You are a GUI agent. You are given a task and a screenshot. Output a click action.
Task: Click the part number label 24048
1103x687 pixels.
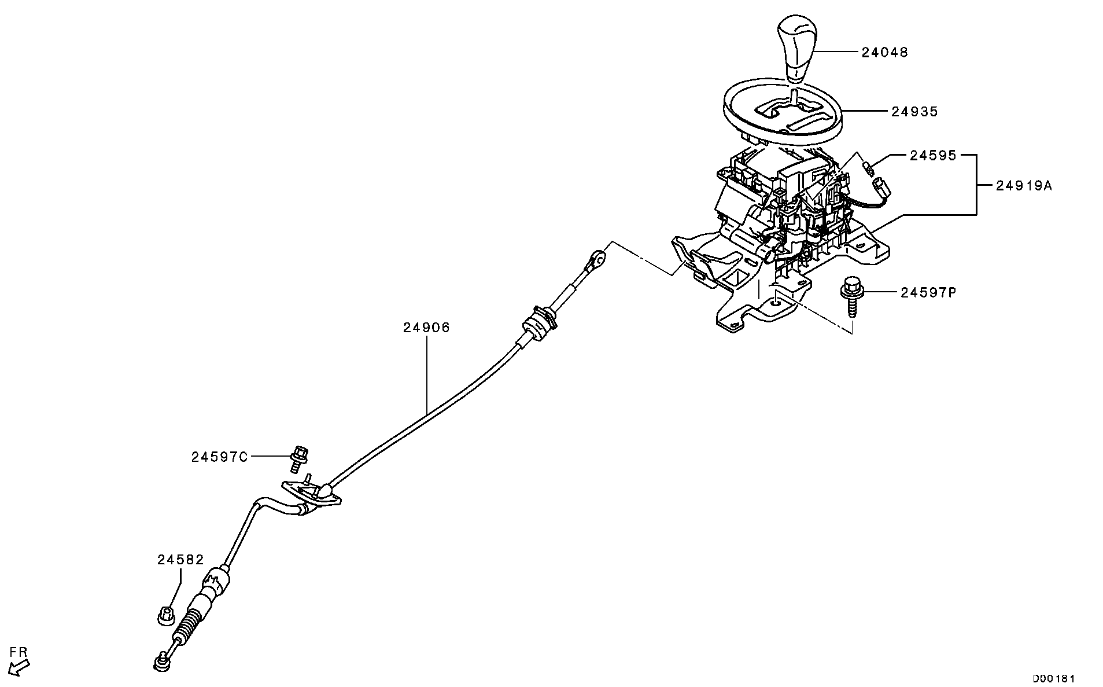(884, 53)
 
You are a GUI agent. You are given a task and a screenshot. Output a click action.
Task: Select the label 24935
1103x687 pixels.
(914, 112)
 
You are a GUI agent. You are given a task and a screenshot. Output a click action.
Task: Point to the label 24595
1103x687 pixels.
(932, 156)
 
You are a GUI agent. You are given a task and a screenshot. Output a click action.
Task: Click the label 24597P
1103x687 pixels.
(928, 293)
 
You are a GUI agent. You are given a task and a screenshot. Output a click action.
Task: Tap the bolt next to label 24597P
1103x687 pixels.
(851, 295)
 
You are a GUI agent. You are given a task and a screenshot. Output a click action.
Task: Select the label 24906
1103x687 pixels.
(426, 328)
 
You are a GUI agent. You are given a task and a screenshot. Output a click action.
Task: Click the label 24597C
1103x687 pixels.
(220, 457)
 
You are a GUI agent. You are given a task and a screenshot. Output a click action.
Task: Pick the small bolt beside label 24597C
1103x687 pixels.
(299, 457)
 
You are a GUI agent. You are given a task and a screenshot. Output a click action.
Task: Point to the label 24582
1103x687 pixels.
(180, 560)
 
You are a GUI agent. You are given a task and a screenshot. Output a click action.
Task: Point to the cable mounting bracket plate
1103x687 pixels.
(311, 495)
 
